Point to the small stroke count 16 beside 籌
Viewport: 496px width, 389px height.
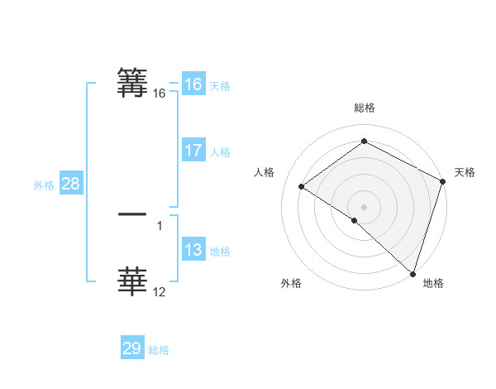[160, 94]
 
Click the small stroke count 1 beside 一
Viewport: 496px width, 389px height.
[159, 225]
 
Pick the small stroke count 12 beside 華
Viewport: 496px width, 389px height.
[160, 291]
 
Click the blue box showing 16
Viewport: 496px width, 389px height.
[193, 84]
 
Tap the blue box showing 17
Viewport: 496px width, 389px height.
[193, 151]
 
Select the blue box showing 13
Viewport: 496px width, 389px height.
[193, 250]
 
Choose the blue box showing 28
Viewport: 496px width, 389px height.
[70, 184]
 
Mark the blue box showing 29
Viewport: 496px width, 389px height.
[132, 348]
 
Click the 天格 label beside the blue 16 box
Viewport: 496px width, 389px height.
[220, 86]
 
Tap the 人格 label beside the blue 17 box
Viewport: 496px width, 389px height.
[220, 152]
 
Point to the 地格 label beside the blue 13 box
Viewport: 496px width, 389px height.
[220, 252]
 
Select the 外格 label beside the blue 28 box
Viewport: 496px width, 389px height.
[44, 185]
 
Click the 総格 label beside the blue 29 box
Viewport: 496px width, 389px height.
[159, 350]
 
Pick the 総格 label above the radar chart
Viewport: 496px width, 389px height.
[364, 108]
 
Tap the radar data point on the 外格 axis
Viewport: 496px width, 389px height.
[354, 221]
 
